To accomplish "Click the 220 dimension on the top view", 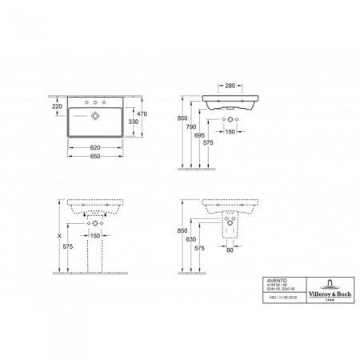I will click(x=57, y=106).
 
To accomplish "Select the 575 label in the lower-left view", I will click(x=66, y=249).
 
